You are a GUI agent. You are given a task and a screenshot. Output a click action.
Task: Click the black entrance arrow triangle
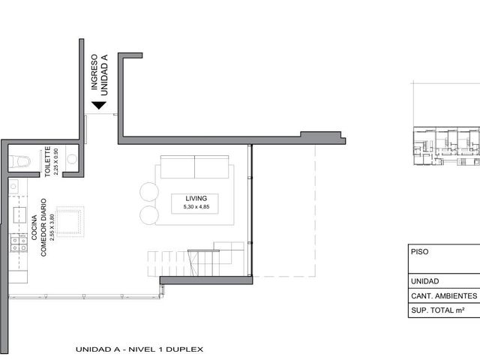(99, 105)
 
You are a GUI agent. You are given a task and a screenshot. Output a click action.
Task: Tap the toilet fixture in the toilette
(20, 162)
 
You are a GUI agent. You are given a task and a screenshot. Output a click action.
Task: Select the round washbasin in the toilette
(72, 159)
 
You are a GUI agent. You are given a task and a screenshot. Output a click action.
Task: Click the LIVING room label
(196, 198)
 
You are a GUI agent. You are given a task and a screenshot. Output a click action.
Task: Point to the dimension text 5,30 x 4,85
(196, 207)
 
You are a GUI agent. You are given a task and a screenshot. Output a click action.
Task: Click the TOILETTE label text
(47, 161)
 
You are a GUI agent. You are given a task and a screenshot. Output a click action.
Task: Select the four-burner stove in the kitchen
(19, 243)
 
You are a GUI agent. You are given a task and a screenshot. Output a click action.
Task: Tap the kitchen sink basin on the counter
(19, 215)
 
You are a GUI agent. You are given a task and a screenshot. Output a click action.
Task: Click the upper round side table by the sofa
(149, 192)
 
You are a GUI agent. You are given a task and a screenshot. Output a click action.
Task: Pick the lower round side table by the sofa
(149, 215)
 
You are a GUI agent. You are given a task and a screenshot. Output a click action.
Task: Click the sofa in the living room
(195, 166)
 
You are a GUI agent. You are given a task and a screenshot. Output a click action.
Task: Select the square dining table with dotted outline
(70, 221)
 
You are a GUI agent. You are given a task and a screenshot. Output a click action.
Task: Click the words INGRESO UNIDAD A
(99, 75)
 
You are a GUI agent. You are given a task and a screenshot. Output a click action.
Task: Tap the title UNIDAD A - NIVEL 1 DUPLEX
(139, 349)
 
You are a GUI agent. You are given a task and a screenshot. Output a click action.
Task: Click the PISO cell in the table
(444, 259)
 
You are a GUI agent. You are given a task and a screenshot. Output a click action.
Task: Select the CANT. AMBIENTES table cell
(444, 296)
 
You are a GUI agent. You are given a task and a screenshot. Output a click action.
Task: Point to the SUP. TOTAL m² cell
(444, 310)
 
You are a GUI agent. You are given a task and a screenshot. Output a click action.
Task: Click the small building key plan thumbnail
(447, 146)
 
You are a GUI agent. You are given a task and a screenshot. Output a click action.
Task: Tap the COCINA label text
(34, 227)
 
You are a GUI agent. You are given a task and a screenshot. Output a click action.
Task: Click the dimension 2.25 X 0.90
(55, 162)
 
